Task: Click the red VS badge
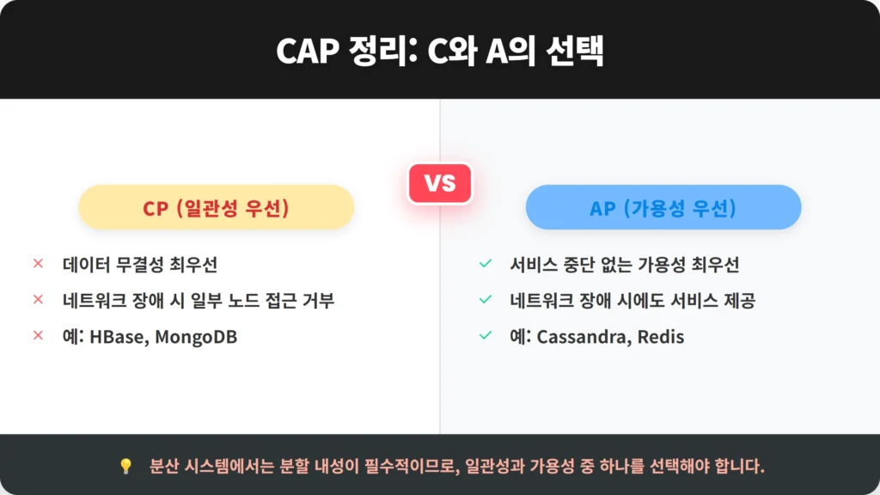pyautogui.click(x=440, y=184)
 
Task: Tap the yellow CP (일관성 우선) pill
pyautogui.click(x=216, y=207)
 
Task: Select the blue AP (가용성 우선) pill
pyautogui.click(x=663, y=207)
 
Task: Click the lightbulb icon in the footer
pyautogui.click(x=125, y=466)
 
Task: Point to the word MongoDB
pyautogui.click(x=196, y=337)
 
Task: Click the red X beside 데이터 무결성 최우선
pyautogui.click(x=38, y=263)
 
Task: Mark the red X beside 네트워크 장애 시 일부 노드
pyautogui.click(x=38, y=300)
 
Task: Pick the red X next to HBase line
pyautogui.click(x=38, y=336)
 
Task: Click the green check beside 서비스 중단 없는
pyautogui.click(x=486, y=263)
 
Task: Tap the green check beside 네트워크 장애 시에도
pyautogui.click(x=486, y=300)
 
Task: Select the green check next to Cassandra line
pyautogui.click(x=486, y=336)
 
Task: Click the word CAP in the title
pyautogui.click(x=308, y=51)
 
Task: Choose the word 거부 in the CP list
pyautogui.click(x=318, y=300)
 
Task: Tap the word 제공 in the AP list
pyautogui.click(x=739, y=300)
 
